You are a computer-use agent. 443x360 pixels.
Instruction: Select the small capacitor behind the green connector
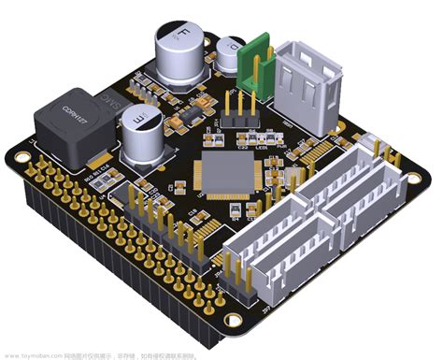pyautogui.click(x=229, y=51)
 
